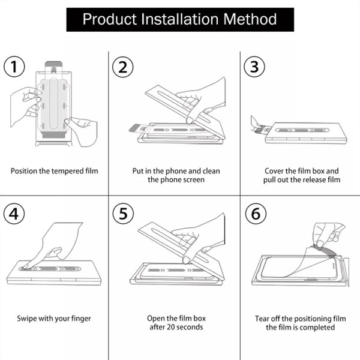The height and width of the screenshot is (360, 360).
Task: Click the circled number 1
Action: [15, 67]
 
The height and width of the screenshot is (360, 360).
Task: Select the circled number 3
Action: [254, 67]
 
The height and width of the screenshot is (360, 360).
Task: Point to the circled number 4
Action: [15, 214]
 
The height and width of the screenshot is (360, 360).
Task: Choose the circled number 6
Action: [254, 214]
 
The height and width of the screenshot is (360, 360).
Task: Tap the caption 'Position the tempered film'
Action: [54, 171]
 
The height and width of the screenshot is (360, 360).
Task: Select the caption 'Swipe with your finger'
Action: [54, 318]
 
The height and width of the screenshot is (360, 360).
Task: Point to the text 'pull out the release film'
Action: [302, 179]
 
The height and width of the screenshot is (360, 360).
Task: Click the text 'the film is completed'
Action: [302, 327]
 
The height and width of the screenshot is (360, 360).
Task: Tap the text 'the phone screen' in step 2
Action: [176, 179]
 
